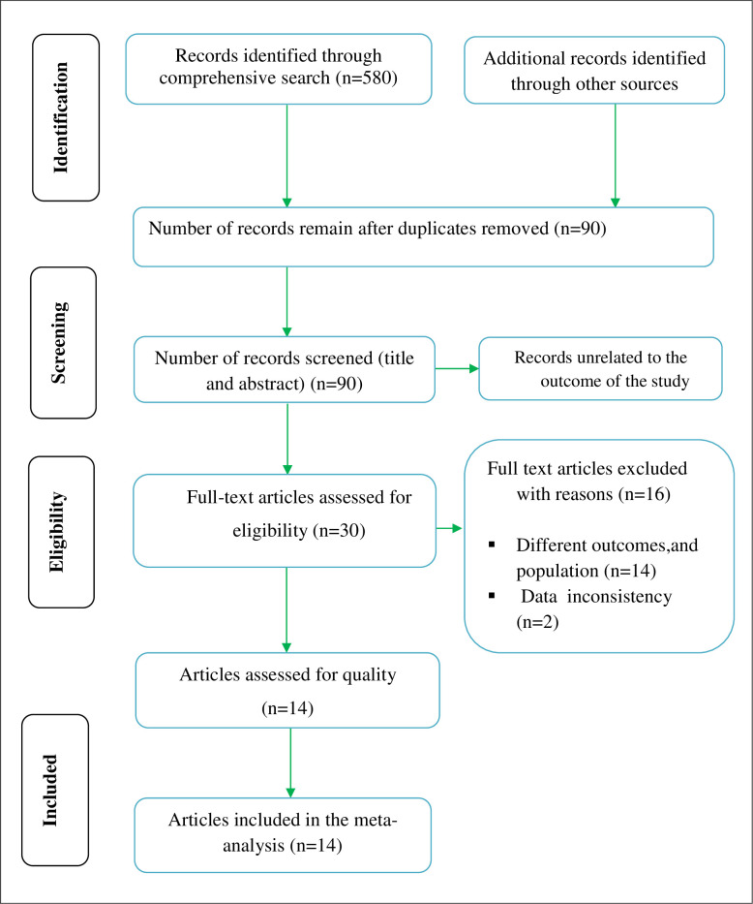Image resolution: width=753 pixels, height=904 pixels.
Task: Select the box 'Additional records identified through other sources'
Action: pyautogui.click(x=594, y=71)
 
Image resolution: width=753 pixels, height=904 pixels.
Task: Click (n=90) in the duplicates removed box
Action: pyautogui.click(x=580, y=229)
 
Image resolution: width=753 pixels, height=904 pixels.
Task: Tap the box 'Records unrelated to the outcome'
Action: pyautogui.click(x=600, y=369)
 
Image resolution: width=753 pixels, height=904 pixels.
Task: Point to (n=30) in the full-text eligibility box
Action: pyautogui.click(x=339, y=530)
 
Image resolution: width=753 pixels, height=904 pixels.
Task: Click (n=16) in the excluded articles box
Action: pyautogui.click(x=645, y=494)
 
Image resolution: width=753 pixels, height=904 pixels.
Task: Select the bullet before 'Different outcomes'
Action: pyautogui.click(x=492, y=545)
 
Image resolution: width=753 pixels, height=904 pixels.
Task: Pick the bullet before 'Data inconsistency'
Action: pyautogui.click(x=492, y=595)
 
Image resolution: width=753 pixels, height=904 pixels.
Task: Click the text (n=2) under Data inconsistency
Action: pyautogui.click(x=538, y=621)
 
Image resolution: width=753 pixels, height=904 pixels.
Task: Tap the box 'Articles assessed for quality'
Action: pyautogui.click(x=287, y=690)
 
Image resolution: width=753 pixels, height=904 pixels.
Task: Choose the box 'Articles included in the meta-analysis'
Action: pyautogui.click(x=283, y=835)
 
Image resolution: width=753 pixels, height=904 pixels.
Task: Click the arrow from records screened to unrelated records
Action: pyautogui.click(x=457, y=368)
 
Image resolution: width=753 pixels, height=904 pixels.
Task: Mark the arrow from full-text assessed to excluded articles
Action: pyautogui.click(x=450, y=528)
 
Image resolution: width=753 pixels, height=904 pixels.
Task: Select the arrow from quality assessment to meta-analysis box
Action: pyautogui.click(x=290, y=763)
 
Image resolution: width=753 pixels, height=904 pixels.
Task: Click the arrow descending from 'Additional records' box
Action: pyautogui.click(x=615, y=156)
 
